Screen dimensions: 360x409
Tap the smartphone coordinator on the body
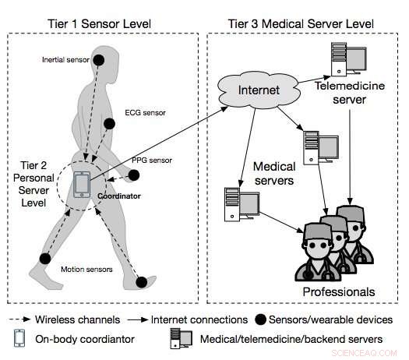(82, 184)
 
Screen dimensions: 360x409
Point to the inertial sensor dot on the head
(99, 59)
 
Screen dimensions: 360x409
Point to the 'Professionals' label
(338, 291)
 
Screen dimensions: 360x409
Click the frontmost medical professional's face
(310, 249)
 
